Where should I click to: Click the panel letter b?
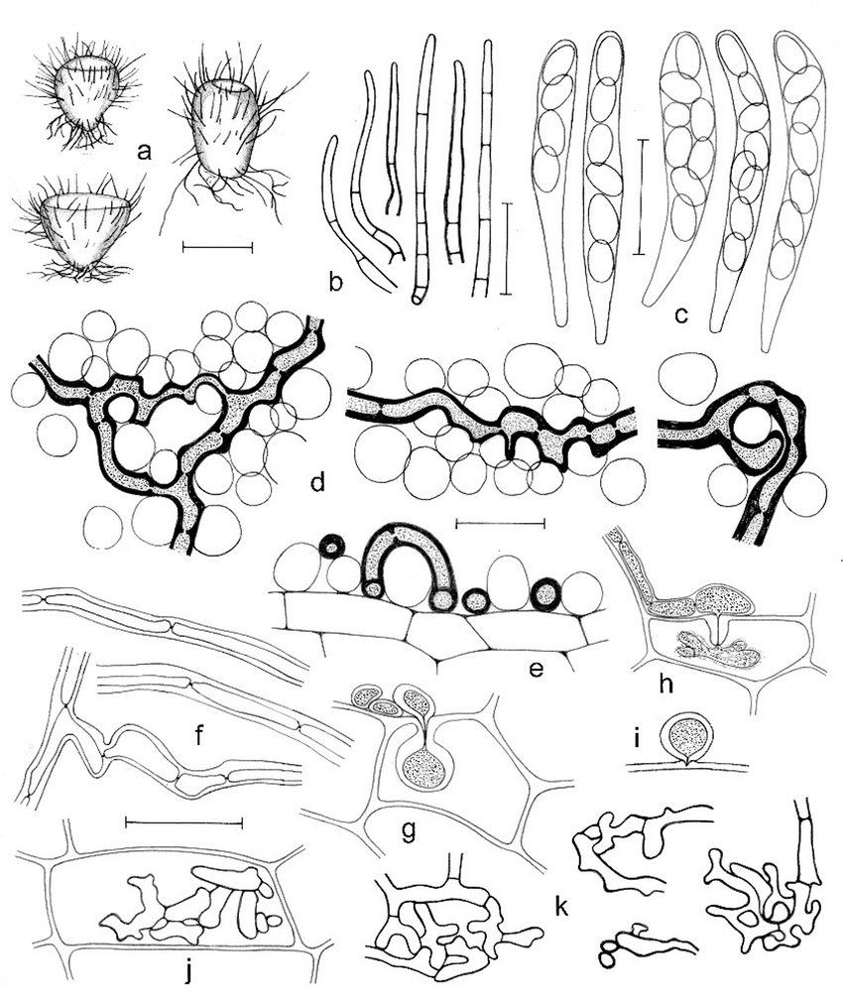pyautogui.click(x=335, y=281)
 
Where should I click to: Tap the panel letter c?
pyautogui.click(x=681, y=315)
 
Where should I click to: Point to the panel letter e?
pyautogui.click(x=536, y=669)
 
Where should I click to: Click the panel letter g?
pyautogui.click(x=408, y=830)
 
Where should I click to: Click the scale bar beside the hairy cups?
pyautogui.click(x=217, y=246)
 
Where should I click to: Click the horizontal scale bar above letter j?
pyautogui.click(x=183, y=821)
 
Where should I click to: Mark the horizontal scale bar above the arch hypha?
pyautogui.click(x=499, y=524)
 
